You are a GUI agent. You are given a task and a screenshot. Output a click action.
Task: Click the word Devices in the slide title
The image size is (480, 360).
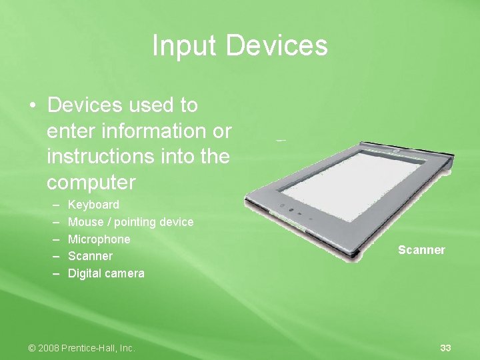click(277, 46)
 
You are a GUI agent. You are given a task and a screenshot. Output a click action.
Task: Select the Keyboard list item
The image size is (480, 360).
click(94, 205)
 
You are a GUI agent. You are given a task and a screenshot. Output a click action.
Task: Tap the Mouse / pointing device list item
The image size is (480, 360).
click(131, 222)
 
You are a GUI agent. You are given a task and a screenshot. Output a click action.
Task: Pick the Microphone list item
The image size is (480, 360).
click(99, 239)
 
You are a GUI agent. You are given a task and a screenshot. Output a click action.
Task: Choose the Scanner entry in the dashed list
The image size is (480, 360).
click(91, 256)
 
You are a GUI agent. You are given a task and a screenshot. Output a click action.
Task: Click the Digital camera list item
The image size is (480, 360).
click(106, 273)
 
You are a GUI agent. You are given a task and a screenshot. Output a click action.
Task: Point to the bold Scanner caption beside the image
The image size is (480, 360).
click(421, 250)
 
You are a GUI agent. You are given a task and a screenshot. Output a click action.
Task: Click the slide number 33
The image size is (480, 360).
click(445, 348)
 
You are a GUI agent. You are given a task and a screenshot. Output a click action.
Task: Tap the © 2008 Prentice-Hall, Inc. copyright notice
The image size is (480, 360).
click(81, 348)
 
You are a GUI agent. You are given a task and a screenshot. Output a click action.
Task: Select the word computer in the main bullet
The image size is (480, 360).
click(91, 183)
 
